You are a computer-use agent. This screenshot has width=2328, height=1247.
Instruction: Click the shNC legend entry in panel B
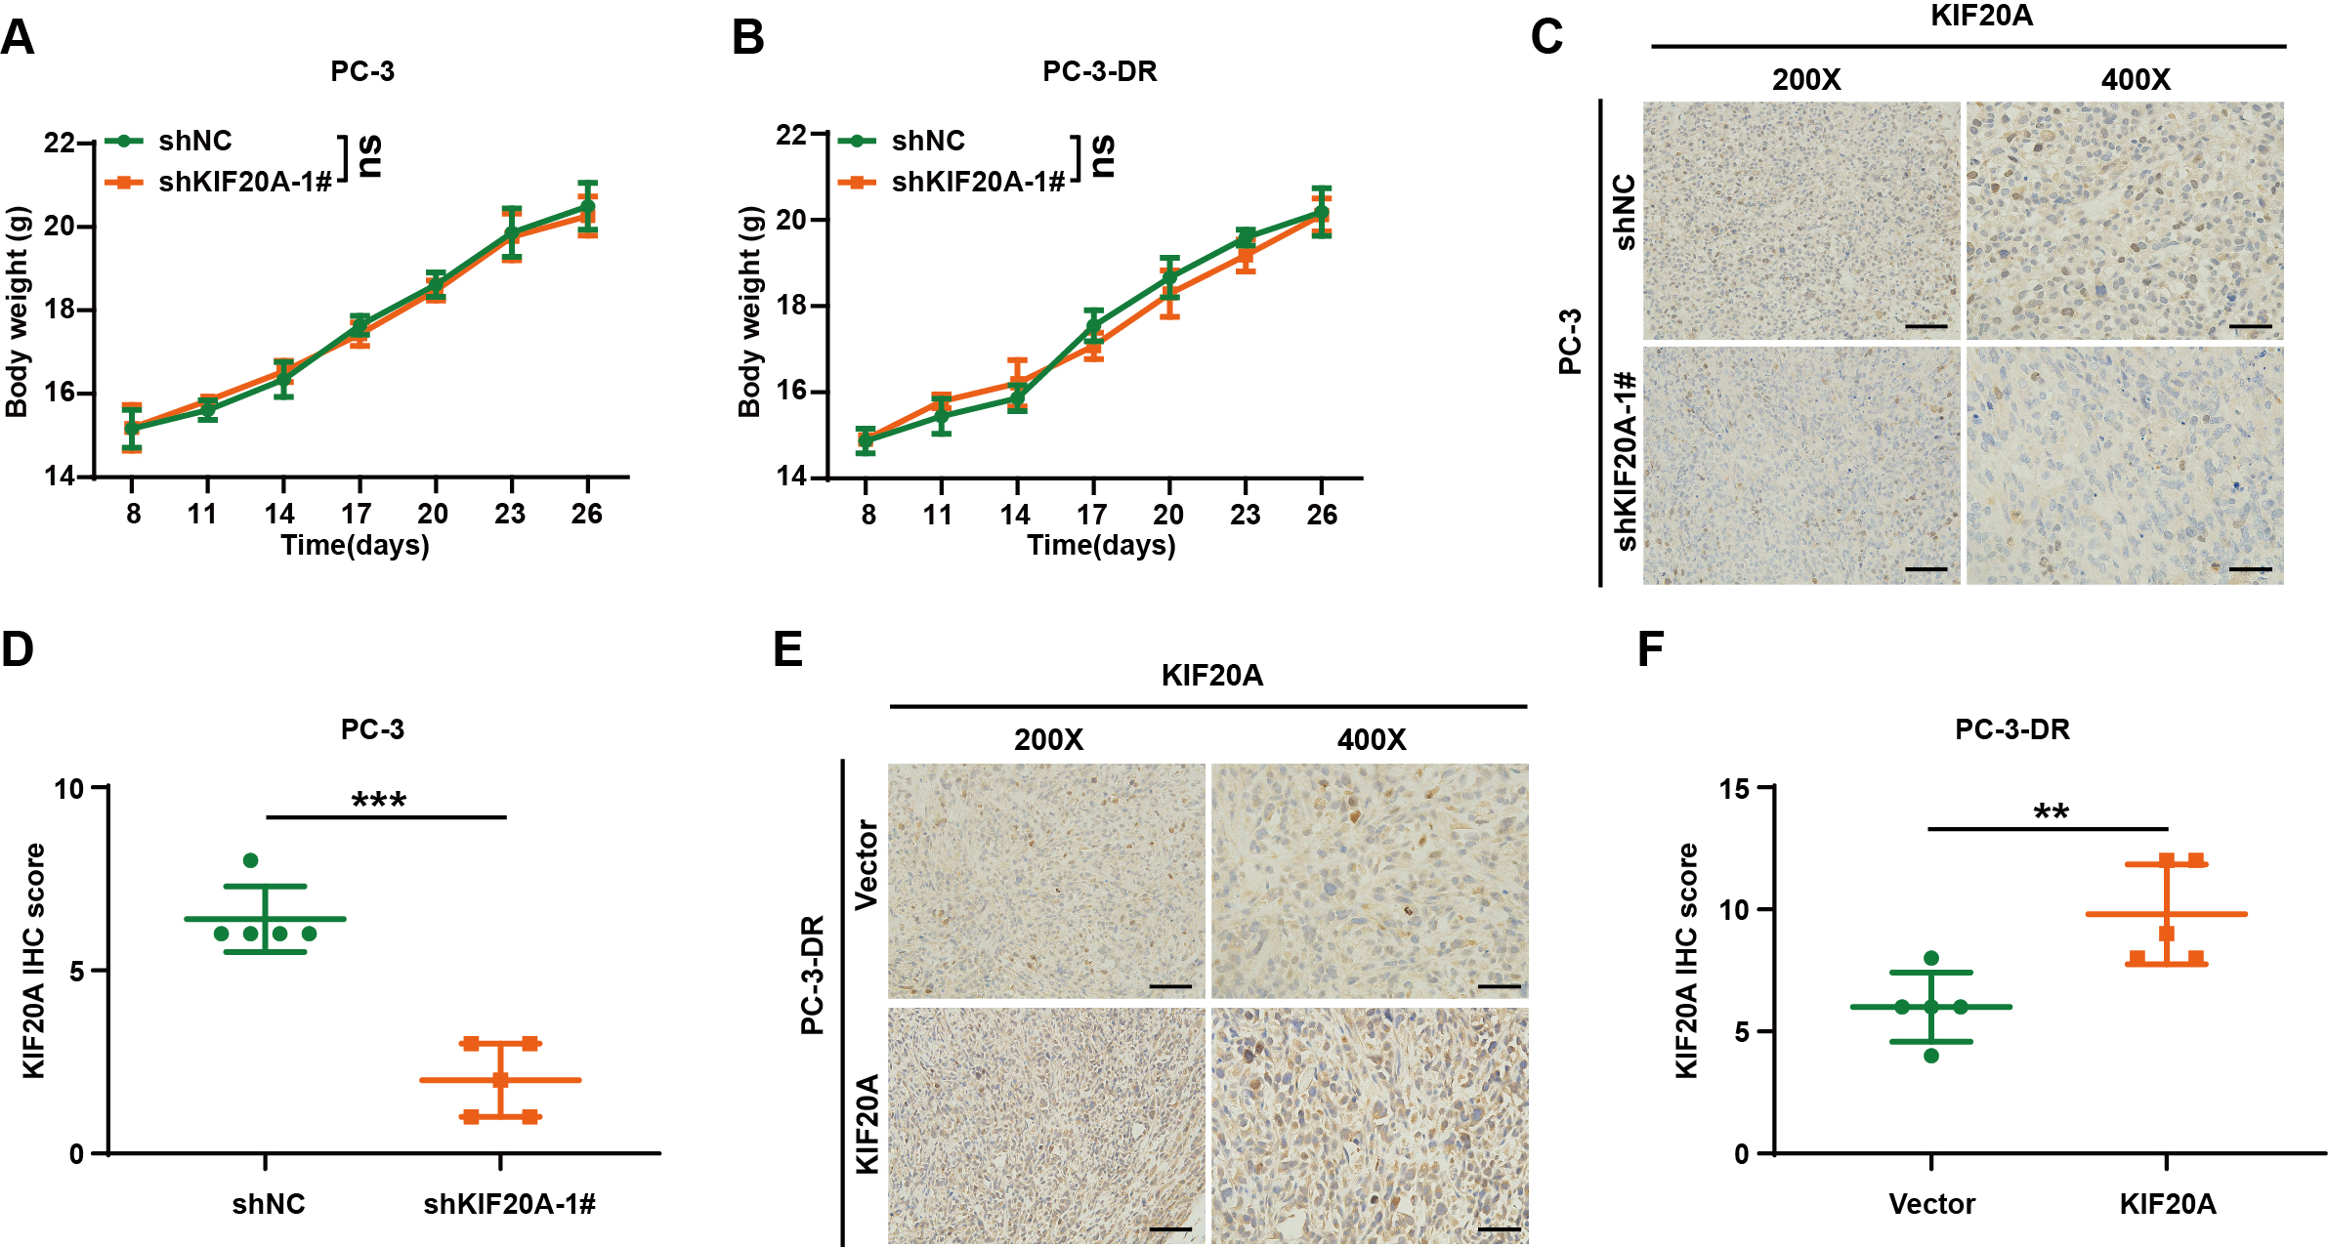coord(927,141)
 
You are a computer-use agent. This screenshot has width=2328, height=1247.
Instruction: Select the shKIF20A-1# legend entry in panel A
coord(244,182)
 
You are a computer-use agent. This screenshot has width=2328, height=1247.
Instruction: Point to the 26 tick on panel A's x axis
coord(586,514)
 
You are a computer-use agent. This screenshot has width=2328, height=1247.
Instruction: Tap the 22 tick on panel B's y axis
coord(791,135)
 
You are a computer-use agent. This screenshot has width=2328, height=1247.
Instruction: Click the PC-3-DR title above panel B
coord(1099,71)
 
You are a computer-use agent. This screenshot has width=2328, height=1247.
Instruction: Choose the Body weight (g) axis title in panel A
coord(18,312)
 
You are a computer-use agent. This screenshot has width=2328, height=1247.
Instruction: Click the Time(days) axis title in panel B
coord(1101,545)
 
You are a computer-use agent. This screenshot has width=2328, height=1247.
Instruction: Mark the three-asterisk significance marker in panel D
coord(379,801)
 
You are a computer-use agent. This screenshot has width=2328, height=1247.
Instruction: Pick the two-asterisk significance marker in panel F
coord(2051,812)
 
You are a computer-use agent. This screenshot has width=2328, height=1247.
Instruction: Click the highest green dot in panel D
coord(250,860)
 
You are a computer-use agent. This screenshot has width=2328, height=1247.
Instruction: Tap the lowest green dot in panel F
coord(1931,1056)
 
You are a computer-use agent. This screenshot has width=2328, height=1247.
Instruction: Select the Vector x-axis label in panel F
coord(1931,1204)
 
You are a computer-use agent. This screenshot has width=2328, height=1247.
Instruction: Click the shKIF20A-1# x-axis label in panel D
coord(509,1204)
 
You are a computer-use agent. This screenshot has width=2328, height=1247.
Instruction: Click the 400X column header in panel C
coord(2136,79)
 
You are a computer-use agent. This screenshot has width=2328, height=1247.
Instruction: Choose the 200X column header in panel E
coord(1048,739)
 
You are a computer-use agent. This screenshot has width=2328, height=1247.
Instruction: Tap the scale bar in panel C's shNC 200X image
coord(1926,326)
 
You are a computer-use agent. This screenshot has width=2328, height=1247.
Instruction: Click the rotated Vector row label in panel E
coord(867,865)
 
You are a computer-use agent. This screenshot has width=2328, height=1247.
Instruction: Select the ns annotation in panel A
coord(370,156)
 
